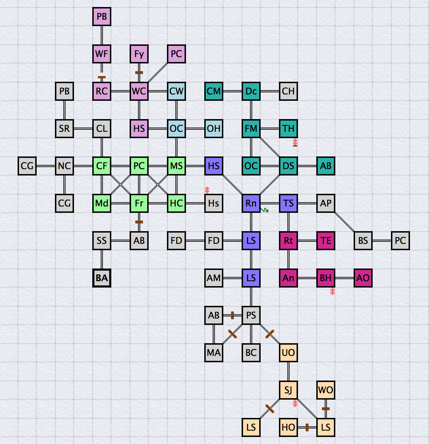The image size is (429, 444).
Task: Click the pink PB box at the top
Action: click(102, 17)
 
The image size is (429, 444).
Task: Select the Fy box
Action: click(139, 54)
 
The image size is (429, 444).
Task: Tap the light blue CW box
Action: click(176, 91)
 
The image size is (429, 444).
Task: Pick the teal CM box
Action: click(214, 91)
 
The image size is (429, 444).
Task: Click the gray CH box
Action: click(288, 91)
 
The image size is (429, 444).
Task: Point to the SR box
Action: click(64, 129)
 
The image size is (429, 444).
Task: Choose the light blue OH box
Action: click(214, 129)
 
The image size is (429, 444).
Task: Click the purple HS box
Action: click(214, 166)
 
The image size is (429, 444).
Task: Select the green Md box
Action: click(102, 203)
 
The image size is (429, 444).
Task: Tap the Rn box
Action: click(251, 203)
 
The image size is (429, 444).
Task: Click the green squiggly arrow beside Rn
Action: click(265, 210)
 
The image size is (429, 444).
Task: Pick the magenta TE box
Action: click(326, 241)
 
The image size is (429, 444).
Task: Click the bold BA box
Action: click(102, 278)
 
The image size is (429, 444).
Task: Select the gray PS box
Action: click(251, 315)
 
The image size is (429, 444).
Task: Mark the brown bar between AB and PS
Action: click(232, 315)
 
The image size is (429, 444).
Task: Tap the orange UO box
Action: click(288, 353)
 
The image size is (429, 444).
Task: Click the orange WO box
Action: click(326, 390)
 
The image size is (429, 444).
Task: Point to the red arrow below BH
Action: click(332, 291)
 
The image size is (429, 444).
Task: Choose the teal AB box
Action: click(326, 166)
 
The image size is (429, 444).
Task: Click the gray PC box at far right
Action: click(400, 241)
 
